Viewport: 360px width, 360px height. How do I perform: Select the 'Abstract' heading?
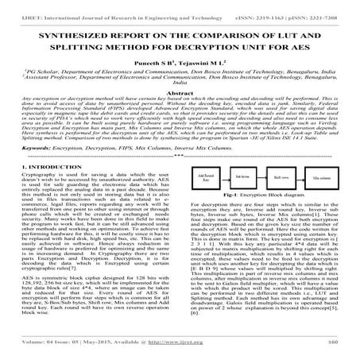180,93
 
